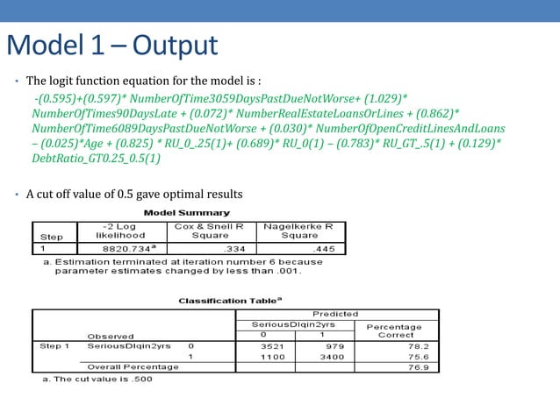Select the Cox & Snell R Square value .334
(226, 248)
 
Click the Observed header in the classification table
(110, 335)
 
